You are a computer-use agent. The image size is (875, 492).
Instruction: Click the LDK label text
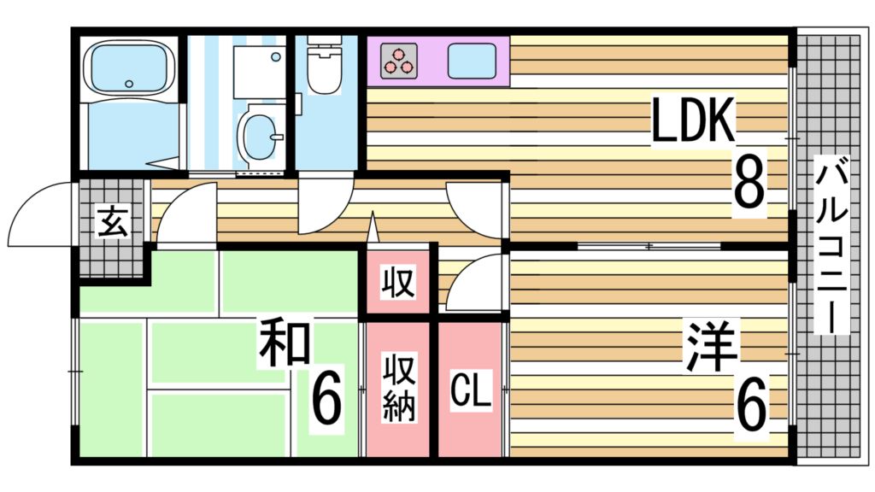click(x=692, y=121)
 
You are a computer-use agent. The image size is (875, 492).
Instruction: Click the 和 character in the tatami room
click(x=285, y=342)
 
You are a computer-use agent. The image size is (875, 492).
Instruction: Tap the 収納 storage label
click(x=398, y=389)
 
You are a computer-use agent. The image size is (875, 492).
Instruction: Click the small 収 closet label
click(x=398, y=281)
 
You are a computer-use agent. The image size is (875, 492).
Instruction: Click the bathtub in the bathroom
click(x=130, y=68)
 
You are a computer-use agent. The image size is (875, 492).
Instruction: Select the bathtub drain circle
click(x=129, y=84)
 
